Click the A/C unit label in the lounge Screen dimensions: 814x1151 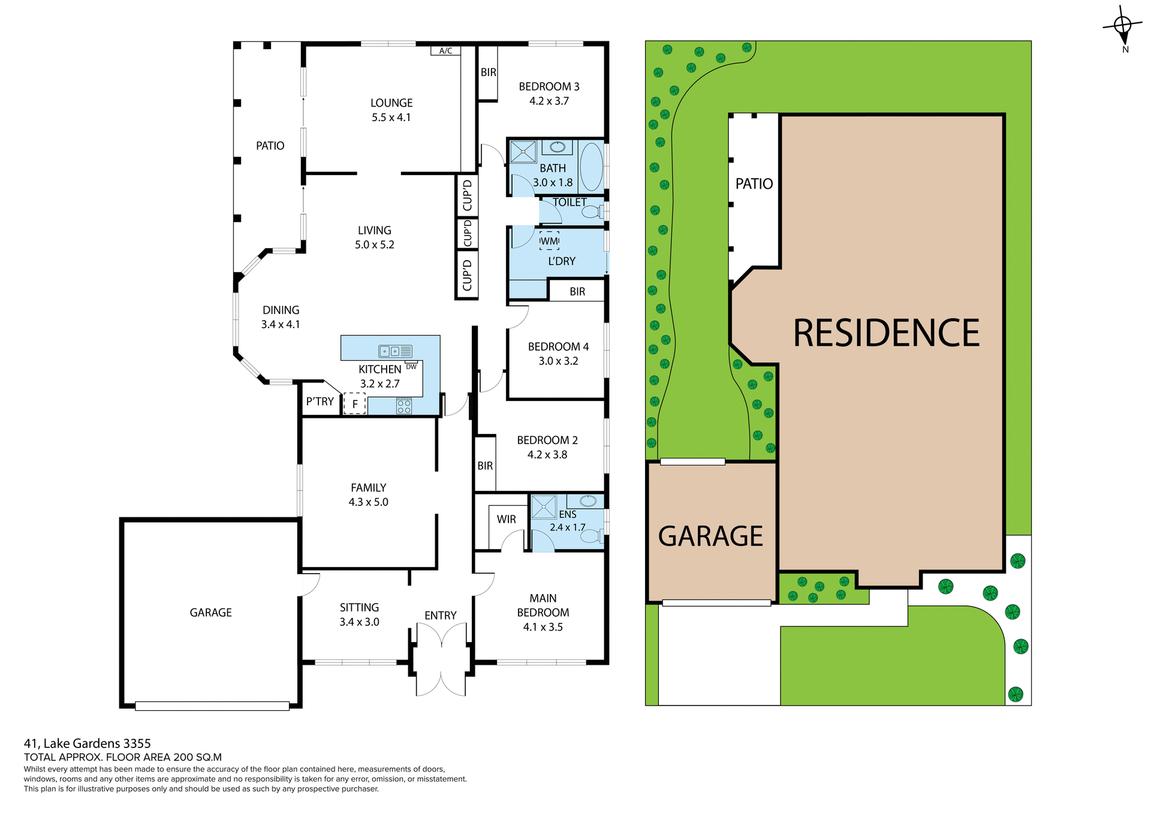click(445, 51)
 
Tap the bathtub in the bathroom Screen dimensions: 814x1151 click(591, 167)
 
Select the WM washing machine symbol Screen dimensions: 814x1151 click(549, 241)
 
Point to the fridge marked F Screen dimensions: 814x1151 click(354, 404)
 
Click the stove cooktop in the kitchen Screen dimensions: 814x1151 click(404, 406)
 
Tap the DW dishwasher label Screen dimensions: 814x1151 click(411, 367)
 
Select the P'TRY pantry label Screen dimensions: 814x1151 click(320, 402)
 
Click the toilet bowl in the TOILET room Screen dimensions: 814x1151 click(591, 212)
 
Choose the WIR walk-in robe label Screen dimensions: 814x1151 click(506, 519)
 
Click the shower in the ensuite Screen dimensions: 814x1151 click(544, 507)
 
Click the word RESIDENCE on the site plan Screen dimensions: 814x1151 click(885, 333)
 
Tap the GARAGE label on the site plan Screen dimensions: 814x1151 click(710, 536)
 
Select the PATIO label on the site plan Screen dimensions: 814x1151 click(754, 183)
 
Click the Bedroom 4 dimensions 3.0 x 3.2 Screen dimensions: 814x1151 click(558, 361)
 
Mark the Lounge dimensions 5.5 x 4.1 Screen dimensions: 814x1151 click(391, 117)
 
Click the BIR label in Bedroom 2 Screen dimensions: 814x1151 click(485, 466)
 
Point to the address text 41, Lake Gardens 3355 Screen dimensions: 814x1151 click(88, 743)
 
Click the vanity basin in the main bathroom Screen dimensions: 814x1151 click(558, 147)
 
